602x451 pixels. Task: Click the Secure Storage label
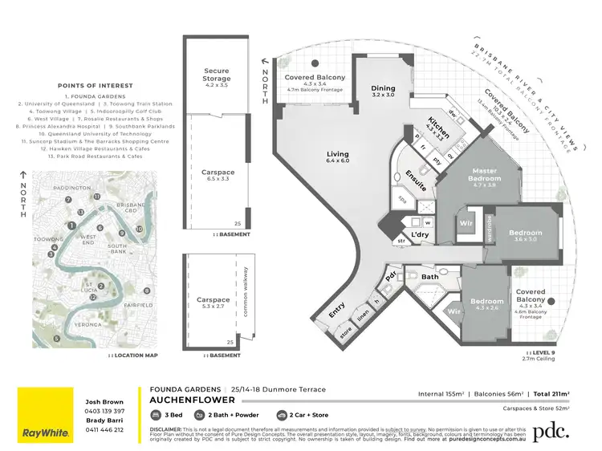217,75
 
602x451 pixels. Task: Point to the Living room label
338,157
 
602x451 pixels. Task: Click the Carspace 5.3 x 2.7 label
213,303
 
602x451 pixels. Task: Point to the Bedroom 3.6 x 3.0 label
526,236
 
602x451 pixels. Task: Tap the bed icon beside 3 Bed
156,416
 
